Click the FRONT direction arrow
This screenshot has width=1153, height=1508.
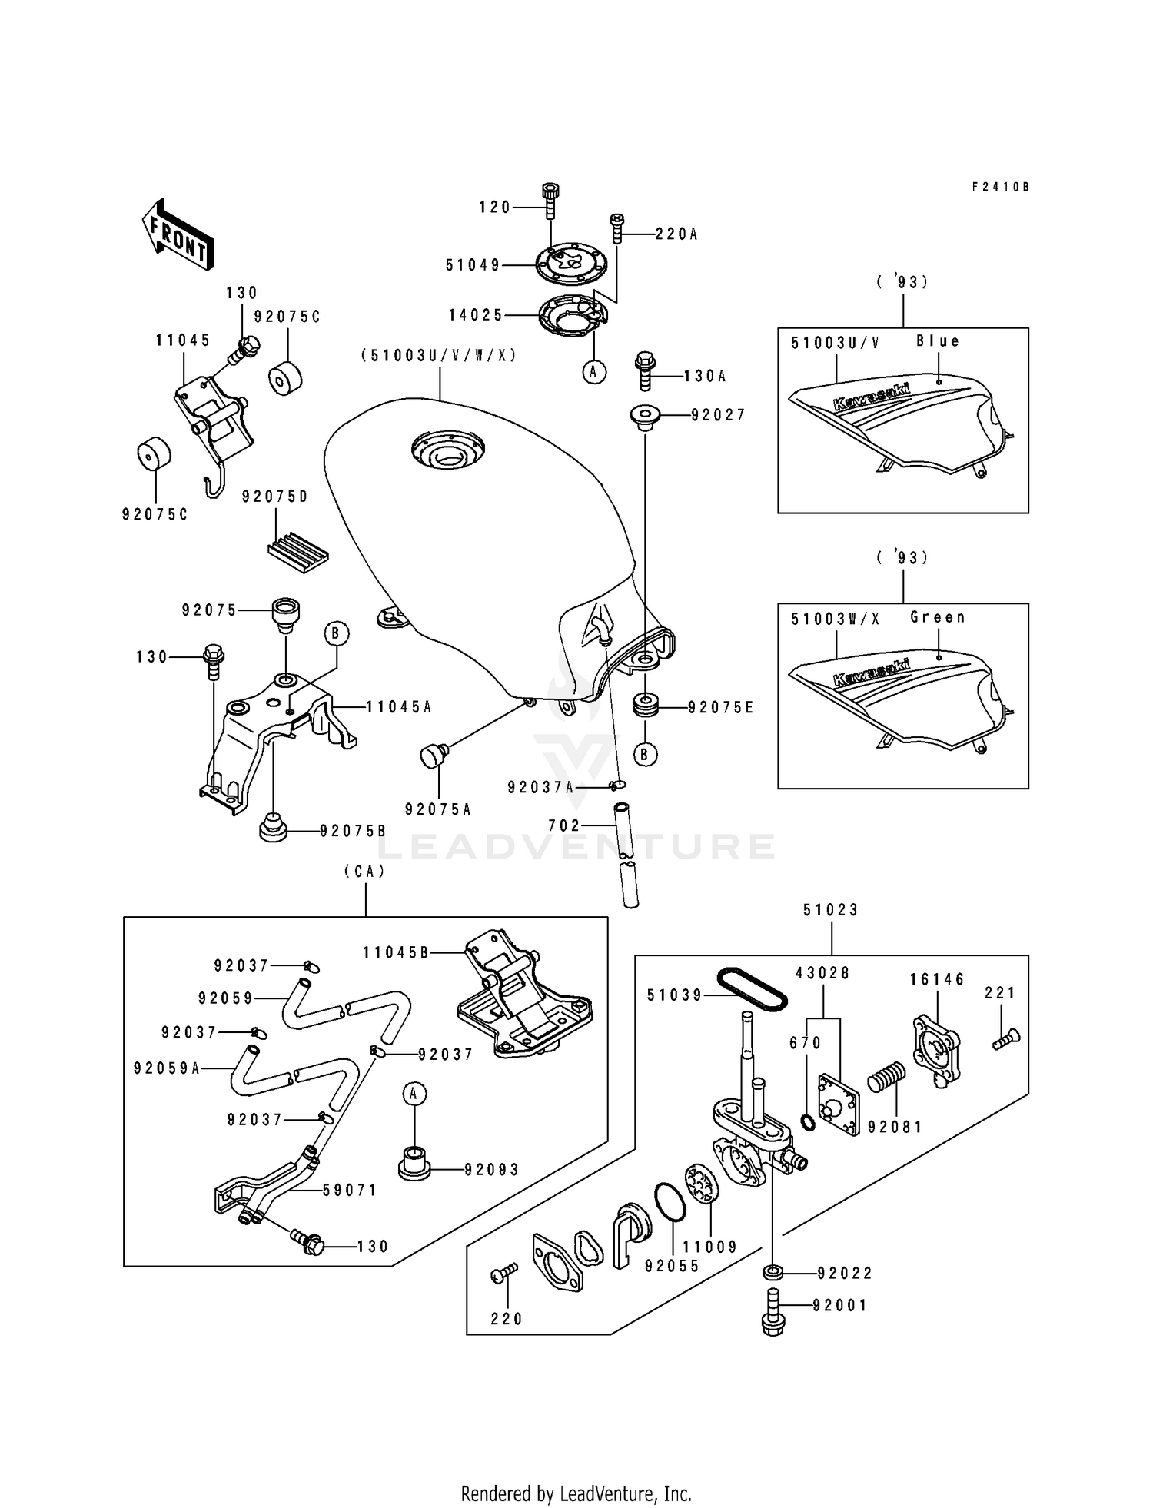178,234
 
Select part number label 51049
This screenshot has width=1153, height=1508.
473,265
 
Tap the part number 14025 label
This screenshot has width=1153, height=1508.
476,314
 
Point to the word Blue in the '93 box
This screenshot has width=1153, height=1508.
938,341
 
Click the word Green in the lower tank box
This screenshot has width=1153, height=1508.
937,617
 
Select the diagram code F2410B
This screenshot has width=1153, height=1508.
999,187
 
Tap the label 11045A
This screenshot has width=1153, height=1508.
398,706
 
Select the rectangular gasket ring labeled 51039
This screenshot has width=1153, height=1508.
753,990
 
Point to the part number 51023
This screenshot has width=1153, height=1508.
830,910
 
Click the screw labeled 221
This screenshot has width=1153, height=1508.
1003,1041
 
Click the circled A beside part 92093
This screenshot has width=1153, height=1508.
414,1093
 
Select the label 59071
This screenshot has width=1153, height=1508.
350,1191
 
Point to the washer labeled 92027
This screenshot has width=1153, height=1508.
643,417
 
